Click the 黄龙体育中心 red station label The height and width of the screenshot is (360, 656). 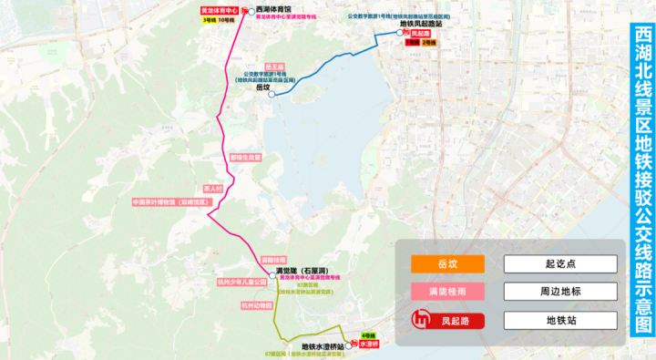[x=219, y=11]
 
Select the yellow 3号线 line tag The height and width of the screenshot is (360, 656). [x=209, y=20]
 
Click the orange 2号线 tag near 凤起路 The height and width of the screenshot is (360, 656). [x=428, y=42]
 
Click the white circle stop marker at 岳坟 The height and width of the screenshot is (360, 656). [x=272, y=94]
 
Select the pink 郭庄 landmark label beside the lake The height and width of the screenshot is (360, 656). [x=246, y=157]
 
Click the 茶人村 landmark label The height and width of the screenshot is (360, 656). [x=213, y=189]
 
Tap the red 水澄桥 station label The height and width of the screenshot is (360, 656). [x=368, y=345]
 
